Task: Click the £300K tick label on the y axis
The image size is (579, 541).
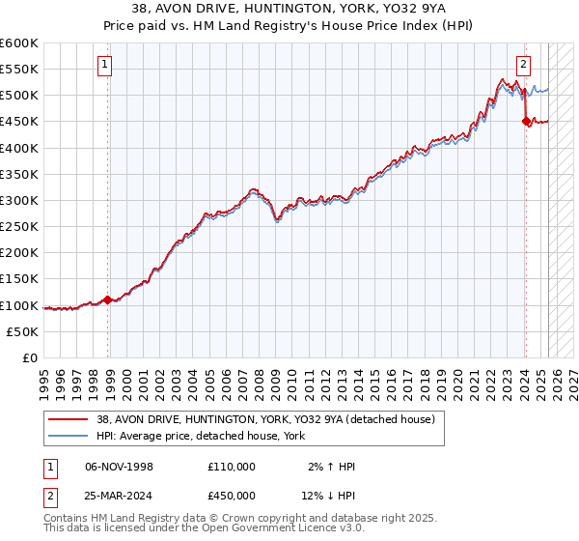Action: (18, 200)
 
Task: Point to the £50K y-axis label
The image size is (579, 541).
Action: (21, 331)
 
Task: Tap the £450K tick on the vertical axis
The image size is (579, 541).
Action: (18, 122)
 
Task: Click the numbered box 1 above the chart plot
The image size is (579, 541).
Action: (104, 65)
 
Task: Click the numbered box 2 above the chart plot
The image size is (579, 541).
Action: (523, 65)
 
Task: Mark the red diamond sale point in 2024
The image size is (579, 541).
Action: (526, 122)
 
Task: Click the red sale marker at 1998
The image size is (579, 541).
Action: (107, 299)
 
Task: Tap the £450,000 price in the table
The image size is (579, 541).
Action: (232, 497)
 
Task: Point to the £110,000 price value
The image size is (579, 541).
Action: (232, 467)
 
